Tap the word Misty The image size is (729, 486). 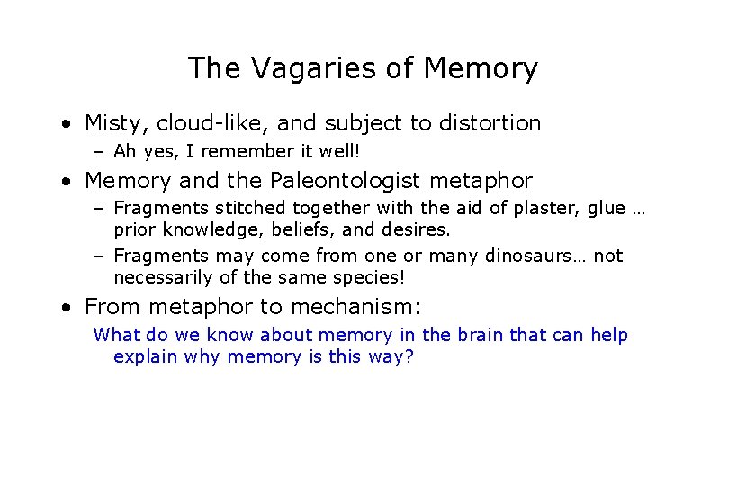(x=110, y=122)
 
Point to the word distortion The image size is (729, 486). (x=485, y=122)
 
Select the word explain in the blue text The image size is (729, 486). (x=145, y=357)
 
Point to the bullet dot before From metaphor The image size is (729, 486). (x=67, y=308)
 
